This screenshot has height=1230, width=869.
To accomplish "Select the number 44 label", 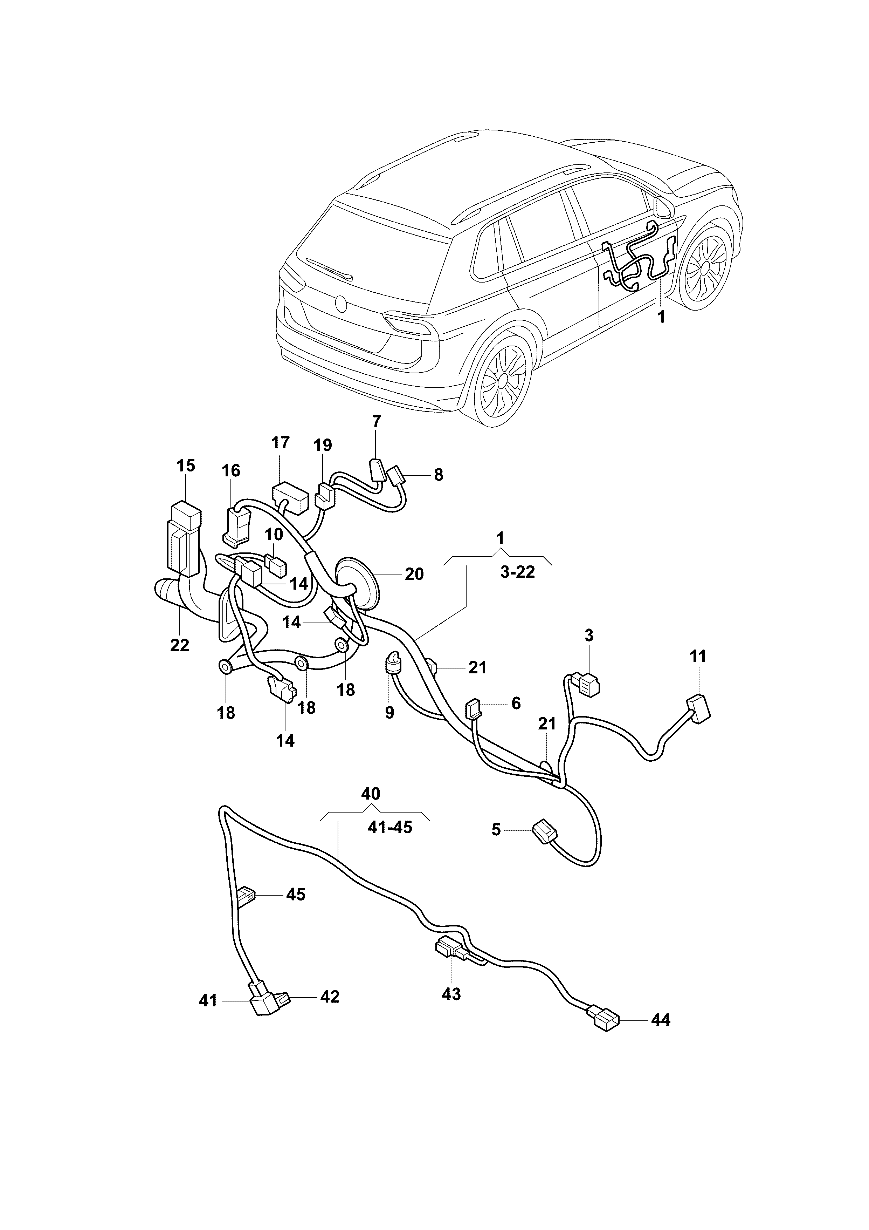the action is pos(661,1020).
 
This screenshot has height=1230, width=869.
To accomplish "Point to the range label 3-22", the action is pos(518,572).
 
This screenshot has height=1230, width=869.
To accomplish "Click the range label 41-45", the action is pos(390,828).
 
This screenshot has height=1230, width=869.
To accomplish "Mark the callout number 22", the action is pos(180,646).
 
